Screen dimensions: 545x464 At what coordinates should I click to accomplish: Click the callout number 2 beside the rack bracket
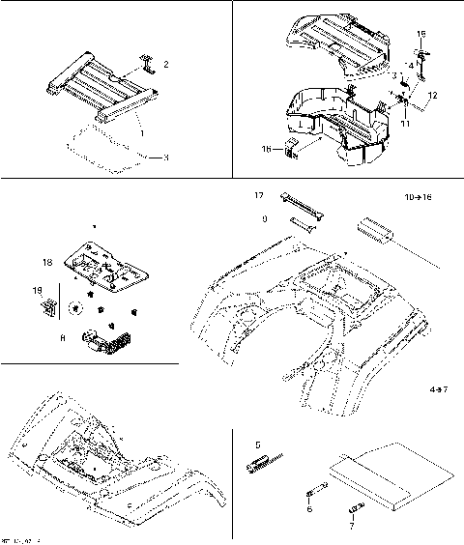pos(165,65)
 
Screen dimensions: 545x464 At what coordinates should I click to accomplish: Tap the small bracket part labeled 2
pos(146,64)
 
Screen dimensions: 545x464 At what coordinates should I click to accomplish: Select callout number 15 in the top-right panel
pos(421,34)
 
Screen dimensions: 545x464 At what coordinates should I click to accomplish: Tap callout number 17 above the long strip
pos(259,196)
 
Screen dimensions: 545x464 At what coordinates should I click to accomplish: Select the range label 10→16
pos(418,197)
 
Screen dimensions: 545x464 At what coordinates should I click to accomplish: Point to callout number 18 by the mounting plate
pos(46,262)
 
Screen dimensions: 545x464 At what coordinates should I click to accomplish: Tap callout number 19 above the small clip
pos(38,290)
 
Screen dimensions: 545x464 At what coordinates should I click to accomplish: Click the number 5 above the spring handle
pos(258,445)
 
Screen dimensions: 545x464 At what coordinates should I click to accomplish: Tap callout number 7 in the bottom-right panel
pos(351,527)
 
